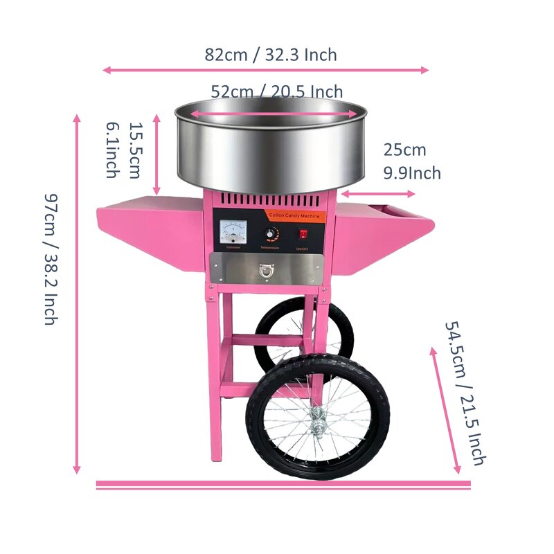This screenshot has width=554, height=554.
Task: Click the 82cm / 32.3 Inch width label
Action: tap(270, 55)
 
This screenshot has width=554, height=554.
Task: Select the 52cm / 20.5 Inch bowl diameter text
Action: tap(276, 92)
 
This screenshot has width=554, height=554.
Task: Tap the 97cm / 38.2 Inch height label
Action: tap(49, 259)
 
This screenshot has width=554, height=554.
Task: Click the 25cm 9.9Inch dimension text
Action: tap(411, 161)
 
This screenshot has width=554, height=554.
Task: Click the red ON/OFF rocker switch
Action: tap(303, 234)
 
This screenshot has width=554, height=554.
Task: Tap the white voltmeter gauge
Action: tap(233, 231)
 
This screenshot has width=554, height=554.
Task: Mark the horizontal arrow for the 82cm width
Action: tap(266, 70)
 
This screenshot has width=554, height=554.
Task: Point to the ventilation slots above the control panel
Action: tap(270, 201)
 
